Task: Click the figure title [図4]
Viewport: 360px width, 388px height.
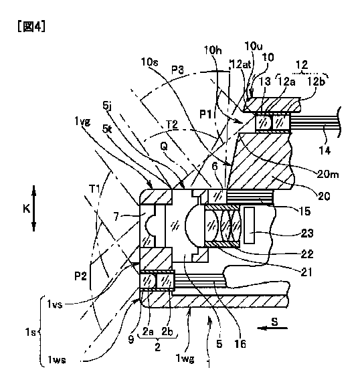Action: point(31,26)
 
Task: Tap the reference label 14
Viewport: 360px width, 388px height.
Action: point(325,150)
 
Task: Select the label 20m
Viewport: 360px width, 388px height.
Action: point(328,175)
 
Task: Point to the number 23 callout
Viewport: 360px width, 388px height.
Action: point(307,233)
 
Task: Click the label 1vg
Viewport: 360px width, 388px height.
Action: point(82,122)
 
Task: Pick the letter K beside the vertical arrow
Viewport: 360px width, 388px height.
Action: point(26,209)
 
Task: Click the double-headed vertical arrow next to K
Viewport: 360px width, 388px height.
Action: point(34,208)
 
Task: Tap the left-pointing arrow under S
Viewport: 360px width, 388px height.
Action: point(272,328)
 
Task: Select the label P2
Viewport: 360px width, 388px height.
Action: point(81,276)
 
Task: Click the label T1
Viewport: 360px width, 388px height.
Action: point(94,189)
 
